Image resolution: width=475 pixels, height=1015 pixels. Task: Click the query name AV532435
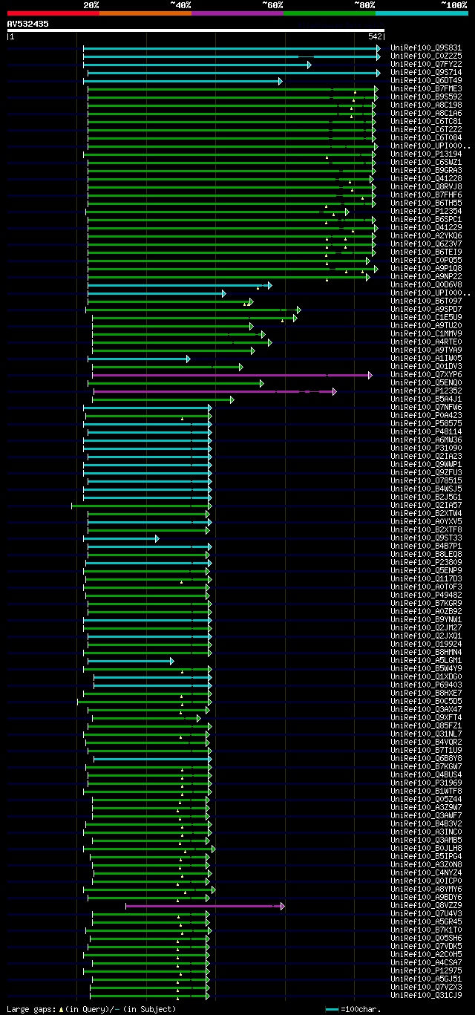click(27, 24)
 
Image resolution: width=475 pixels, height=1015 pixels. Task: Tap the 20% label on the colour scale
click(91, 4)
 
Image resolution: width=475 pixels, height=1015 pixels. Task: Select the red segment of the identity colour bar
click(53, 13)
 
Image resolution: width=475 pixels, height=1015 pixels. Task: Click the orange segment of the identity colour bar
click(145, 13)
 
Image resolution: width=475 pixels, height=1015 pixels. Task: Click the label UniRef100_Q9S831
click(425, 48)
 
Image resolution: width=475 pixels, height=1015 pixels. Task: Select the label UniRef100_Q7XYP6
click(425, 375)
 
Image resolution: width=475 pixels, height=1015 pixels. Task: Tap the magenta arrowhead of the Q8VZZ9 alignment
click(283, 906)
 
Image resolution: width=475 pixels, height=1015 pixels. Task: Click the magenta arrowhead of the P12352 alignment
click(335, 391)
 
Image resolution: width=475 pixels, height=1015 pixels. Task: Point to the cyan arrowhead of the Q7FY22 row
click(309, 65)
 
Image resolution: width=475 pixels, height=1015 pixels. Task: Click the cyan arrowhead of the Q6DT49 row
click(281, 81)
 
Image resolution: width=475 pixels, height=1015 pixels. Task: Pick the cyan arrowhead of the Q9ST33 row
click(157, 538)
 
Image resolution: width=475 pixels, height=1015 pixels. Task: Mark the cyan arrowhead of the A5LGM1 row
click(171, 661)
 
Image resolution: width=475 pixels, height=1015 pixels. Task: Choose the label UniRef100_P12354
click(425, 212)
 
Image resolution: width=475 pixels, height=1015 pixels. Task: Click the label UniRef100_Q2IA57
click(425, 506)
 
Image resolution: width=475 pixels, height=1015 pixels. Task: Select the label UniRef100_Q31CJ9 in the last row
click(425, 996)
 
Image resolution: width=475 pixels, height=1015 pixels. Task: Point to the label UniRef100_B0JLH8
click(425, 849)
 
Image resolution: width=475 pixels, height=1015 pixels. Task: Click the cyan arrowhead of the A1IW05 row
click(189, 359)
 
